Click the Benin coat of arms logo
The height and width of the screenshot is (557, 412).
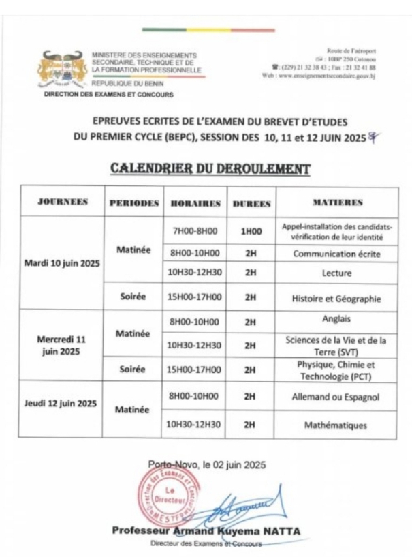tap(65, 67)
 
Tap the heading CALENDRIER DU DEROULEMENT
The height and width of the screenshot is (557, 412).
tap(210, 168)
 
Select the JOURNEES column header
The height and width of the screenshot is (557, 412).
tap(62, 202)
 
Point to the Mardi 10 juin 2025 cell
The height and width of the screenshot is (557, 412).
tap(62, 262)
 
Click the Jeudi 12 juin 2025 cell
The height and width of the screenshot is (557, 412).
tap(62, 403)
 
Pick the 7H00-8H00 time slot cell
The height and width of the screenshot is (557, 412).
tap(194, 231)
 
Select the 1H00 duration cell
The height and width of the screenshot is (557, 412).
tap(251, 231)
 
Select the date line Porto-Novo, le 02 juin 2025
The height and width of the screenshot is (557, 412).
tap(206, 465)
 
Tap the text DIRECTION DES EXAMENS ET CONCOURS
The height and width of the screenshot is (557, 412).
tap(108, 95)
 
